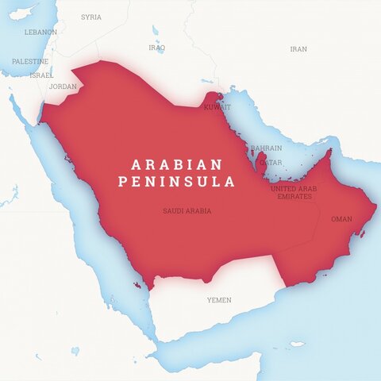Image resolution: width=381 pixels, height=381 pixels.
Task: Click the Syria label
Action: pos(91,17)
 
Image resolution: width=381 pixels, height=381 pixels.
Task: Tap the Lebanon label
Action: pos(40,32)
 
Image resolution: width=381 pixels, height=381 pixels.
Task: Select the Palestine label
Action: pos(30,61)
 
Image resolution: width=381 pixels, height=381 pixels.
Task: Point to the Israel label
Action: pos(41,75)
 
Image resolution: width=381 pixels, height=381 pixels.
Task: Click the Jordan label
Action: pos(63,86)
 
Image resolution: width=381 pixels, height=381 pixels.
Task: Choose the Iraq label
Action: pos(157,48)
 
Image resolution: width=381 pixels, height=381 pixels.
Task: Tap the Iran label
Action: pos(298,48)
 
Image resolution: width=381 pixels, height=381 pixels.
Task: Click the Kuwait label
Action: pos(217,106)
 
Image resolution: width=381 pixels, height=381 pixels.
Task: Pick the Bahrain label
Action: pos(266,148)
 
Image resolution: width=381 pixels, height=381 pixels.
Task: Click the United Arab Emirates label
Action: pos(293,192)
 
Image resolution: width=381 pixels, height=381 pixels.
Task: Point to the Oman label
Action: pos(341,218)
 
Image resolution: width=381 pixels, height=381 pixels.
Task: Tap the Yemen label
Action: pos(219,300)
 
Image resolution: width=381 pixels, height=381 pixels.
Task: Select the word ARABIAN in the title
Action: pos(177,164)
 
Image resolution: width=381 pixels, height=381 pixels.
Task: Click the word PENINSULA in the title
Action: pos(176,182)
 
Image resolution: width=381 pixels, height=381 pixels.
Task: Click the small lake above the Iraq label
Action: pos(156,31)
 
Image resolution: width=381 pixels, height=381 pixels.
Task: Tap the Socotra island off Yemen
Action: pos(296,344)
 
